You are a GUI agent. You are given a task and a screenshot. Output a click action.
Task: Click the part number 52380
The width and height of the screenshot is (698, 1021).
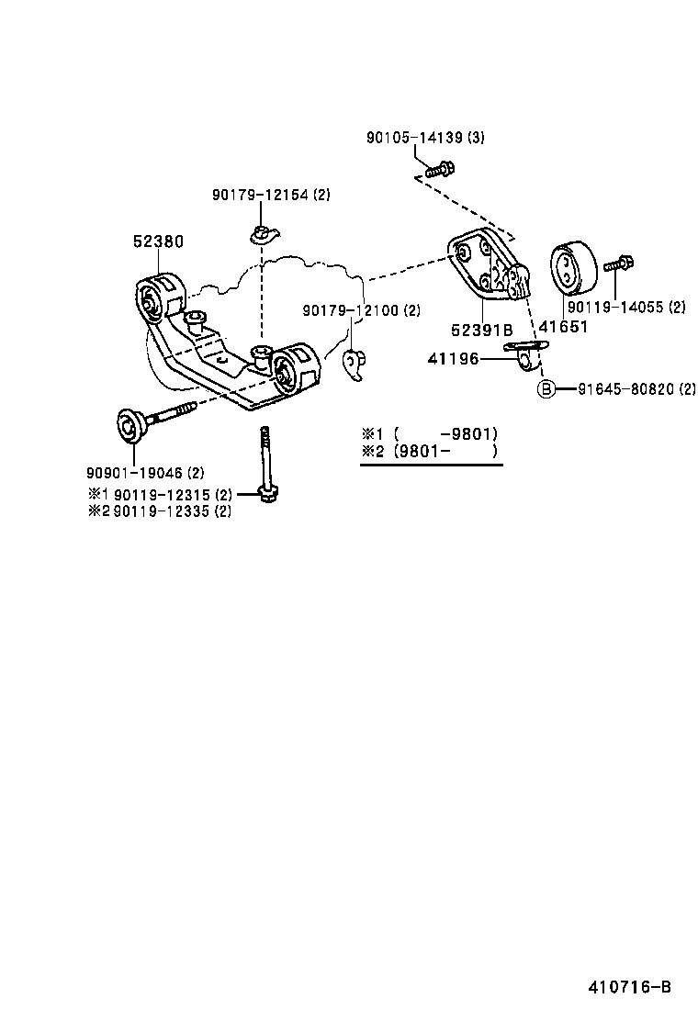[158, 241]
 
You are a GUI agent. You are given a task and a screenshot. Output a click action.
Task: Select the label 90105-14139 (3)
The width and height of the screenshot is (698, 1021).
[424, 138]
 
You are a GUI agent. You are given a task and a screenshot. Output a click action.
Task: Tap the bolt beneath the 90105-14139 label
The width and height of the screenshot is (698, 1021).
[441, 169]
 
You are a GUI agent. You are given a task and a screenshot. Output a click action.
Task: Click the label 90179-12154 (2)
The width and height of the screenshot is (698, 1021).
[270, 195]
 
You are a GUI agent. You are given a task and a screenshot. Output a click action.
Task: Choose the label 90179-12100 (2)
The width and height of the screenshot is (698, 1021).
[361, 311]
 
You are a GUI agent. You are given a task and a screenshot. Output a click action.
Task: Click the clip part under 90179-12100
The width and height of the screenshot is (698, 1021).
[354, 365]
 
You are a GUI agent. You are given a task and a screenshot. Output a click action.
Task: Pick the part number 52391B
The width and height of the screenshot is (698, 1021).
[480, 327]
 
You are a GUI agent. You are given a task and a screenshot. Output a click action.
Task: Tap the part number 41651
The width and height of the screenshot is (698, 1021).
[563, 327]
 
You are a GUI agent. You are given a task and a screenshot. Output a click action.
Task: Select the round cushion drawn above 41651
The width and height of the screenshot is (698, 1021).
[571, 267]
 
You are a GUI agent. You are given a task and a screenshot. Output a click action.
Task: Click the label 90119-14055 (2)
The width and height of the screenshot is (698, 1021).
[625, 308]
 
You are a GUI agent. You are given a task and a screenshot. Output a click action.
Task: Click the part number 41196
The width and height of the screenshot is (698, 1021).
[453, 359]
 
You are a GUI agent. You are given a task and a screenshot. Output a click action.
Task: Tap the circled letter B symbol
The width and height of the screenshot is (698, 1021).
[546, 389]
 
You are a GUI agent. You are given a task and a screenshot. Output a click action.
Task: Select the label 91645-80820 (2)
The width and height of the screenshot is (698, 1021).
[636, 389]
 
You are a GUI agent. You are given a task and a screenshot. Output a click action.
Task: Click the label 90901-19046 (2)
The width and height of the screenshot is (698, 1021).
[145, 473]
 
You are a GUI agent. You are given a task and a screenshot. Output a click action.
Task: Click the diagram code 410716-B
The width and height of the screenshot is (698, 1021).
[629, 987]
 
